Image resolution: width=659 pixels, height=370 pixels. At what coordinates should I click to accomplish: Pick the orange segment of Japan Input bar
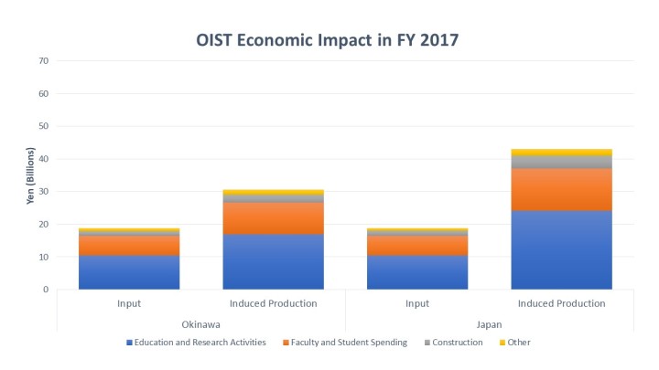click(x=416, y=246)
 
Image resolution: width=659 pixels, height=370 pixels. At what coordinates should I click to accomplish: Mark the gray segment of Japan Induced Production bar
click(x=561, y=162)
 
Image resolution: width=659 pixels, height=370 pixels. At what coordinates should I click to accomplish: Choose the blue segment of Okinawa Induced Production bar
click(x=273, y=262)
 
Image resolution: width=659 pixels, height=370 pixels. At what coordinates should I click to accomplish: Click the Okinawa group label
click(x=200, y=322)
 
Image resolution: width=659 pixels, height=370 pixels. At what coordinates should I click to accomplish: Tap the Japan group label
click(x=489, y=322)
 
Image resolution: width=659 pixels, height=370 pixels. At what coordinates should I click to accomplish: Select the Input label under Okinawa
click(x=129, y=303)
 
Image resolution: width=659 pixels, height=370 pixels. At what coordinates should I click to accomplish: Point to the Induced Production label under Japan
click(x=561, y=303)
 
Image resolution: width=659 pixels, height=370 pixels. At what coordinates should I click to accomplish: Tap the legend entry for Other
click(x=518, y=343)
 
